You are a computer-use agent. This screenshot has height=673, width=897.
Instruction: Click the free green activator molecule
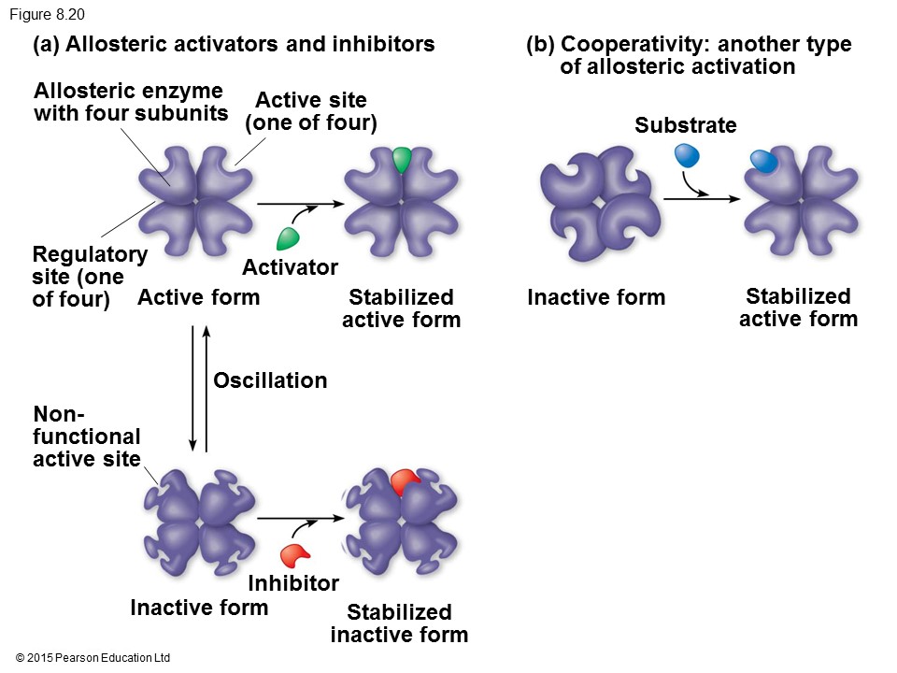[x=289, y=237]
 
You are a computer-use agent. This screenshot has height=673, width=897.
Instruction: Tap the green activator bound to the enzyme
[x=402, y=160]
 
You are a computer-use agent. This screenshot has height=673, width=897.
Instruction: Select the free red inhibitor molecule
[x=295, y=554]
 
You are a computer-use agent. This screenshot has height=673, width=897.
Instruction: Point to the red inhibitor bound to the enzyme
[x=406, y=482]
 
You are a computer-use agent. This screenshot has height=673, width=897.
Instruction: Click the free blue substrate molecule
[x=688, y=156]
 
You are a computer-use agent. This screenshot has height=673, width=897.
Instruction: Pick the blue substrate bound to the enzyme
[x=763, y=163]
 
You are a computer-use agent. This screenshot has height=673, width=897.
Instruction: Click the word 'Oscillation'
[x=270, y=380]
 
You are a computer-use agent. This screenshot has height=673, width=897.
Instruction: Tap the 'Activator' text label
[x=290, y=268]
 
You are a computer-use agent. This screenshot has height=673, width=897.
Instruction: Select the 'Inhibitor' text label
[x=293, y=584]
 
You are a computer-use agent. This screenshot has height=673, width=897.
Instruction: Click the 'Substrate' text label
[x=685, y=125]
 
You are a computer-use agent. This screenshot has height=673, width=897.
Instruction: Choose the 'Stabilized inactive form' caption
[x=399, y=623]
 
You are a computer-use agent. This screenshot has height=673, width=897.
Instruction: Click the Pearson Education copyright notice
[x=93, y=658]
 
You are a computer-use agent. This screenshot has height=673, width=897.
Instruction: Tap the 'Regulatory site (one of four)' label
[x=89, y=277]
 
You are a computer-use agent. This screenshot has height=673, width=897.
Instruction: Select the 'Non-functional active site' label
[x=87, y=437]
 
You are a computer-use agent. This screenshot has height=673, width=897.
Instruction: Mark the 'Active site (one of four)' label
[x=311, y=111]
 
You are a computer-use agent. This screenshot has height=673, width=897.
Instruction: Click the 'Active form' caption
[x=198, y=298]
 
